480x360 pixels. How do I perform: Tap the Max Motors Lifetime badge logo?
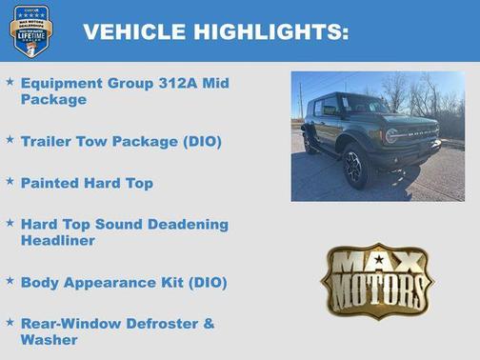click(30, 30)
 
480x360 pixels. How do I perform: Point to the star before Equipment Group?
click(10, 83)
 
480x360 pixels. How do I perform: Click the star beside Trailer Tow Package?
click(10, 141)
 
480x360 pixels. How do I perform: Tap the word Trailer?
click(49, 142)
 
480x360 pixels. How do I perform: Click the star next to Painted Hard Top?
click(10, 181)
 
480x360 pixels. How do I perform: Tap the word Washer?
click(49, 339)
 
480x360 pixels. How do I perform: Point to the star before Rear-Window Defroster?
click(10, 322)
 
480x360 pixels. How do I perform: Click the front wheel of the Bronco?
click(355, 166)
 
